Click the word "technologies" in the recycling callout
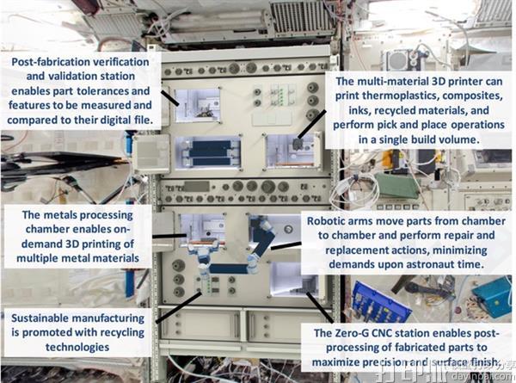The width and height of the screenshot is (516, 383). click(x=77, y=347)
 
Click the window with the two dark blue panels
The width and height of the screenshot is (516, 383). click(x=208, y=153)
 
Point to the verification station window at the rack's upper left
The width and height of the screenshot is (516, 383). click(x=197, y=105)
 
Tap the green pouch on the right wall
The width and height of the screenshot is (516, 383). click(x=397, y=186)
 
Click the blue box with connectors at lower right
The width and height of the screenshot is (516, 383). click(x=380, y=302)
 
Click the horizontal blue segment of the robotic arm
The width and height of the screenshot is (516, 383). click(x=229, y=269)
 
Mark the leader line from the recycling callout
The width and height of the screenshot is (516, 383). click(x=178, y=307)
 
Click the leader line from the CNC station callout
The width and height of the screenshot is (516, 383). click(x=320, y=307)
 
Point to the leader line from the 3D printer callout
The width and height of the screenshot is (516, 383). click(x=312, y=125)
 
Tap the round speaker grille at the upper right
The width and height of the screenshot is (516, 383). click(x=397, y=60)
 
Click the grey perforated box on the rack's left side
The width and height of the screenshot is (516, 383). click(x=151, y=153)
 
